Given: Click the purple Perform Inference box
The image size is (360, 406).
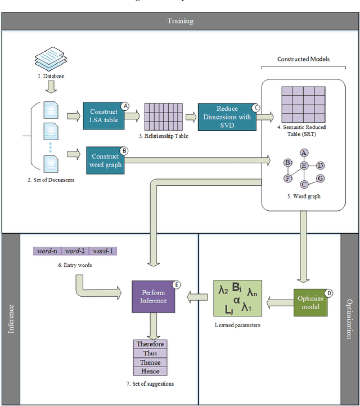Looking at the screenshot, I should click(x=154, y=296).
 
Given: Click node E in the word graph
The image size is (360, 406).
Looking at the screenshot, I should click(x=304, y=165).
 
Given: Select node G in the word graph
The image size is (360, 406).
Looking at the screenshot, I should click(x=320, y=179).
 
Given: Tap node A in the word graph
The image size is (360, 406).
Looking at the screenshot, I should click(x=304, y=152).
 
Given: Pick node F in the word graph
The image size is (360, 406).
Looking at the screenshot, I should click(x=287, y=179).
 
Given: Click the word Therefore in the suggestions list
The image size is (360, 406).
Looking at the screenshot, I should click(x=150, y=344).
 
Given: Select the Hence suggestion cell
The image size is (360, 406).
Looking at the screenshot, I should click(x=150, y=371).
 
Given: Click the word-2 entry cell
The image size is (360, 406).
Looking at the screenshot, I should click(x=75, y=251).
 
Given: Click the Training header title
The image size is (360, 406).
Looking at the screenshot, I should click(x=180, y=21).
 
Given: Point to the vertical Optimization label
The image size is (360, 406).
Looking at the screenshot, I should click(x=349, y=319).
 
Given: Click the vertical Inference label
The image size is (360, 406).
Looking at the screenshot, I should click(x=11, y=319).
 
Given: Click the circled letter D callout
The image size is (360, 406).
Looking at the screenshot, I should click(x=329, y=293).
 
